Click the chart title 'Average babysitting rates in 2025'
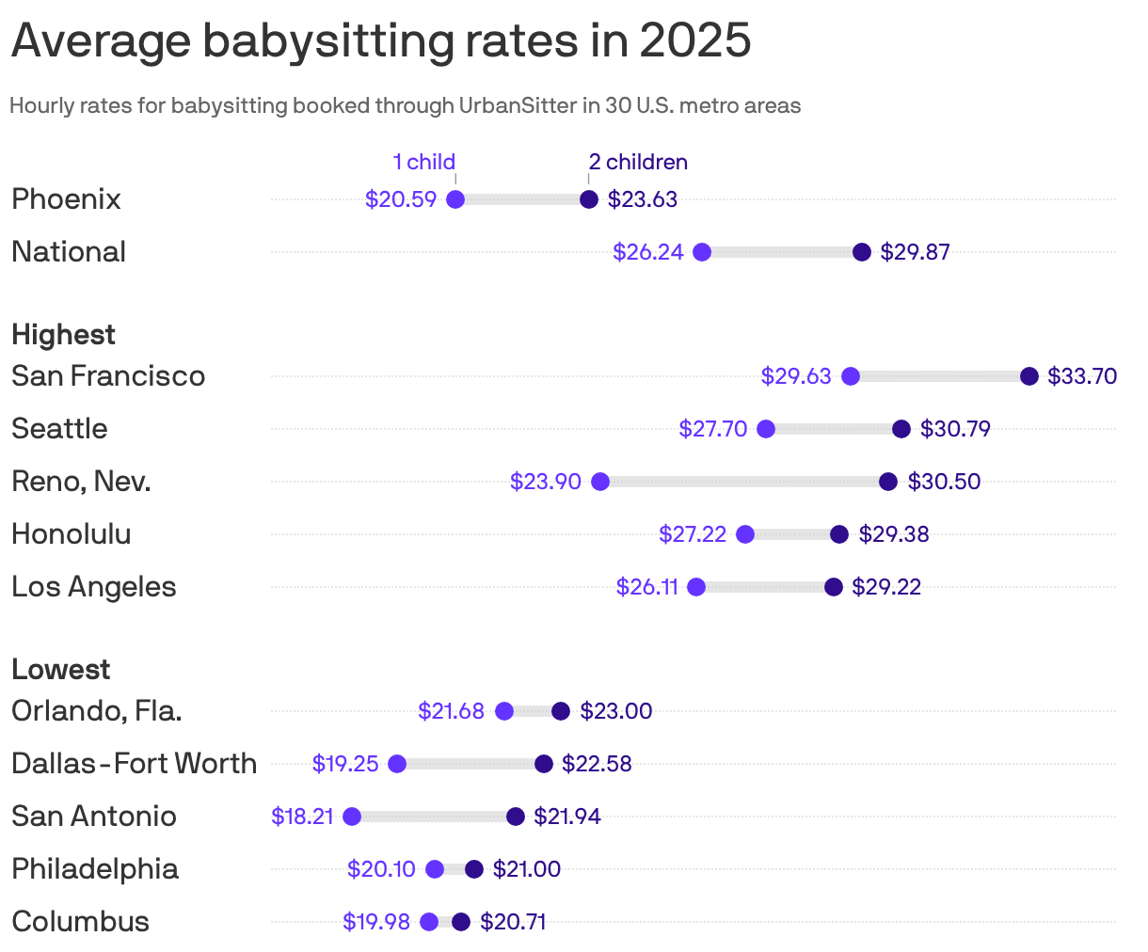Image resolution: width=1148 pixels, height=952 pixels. coord(381,41)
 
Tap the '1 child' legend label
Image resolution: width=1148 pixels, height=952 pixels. coord(423,162)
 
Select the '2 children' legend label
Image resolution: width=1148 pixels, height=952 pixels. coord(638,162)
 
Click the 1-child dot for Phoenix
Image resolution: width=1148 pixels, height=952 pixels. coord(455,199)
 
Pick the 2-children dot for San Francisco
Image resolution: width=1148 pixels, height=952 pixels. coord(1029,376)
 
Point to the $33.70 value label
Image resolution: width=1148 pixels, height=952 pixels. coord(1082,376)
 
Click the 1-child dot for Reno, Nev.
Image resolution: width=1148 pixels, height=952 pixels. coord(600,482)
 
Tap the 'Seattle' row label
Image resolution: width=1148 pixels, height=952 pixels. coord(59,429)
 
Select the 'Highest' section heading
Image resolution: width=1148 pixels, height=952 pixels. coord(63,335)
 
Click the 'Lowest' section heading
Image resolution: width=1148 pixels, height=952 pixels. coord(60,670)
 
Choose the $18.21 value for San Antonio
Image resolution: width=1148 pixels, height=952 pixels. coord(302,817)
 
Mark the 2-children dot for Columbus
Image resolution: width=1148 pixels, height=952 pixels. coord(461,922)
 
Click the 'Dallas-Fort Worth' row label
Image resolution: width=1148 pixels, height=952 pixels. coord(134,764)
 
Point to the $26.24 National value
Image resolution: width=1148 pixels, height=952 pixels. coord(647,252)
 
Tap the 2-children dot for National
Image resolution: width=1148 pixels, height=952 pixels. coord(862,252)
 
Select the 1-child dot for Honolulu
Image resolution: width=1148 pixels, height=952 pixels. coord(745,534)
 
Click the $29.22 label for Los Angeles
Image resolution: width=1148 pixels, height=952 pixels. coord(886,587)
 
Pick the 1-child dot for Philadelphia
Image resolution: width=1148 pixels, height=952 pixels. coord(435,869)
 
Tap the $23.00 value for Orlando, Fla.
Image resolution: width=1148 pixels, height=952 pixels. coord(615,711)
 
